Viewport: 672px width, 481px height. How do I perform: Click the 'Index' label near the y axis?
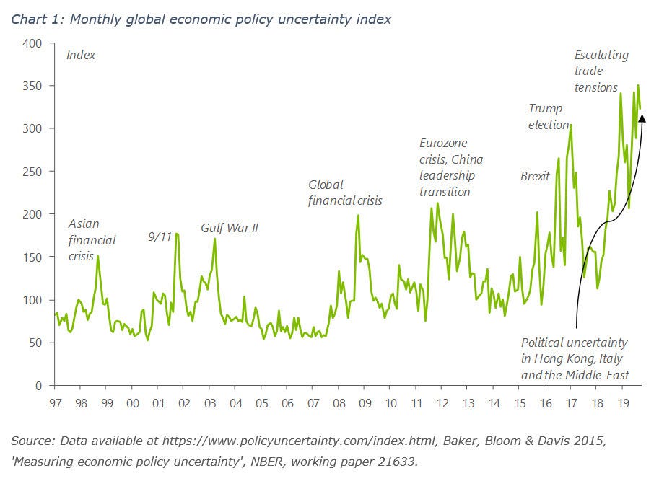81,55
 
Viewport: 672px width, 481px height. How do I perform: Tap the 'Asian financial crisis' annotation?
92,239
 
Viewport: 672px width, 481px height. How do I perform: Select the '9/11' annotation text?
159,236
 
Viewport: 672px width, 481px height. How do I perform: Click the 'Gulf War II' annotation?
230,229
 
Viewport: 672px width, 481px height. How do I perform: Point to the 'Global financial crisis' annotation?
345,193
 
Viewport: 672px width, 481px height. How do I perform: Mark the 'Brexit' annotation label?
535,176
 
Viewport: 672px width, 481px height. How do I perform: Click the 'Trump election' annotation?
549,116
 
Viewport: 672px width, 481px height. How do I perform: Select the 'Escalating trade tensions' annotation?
601,71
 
